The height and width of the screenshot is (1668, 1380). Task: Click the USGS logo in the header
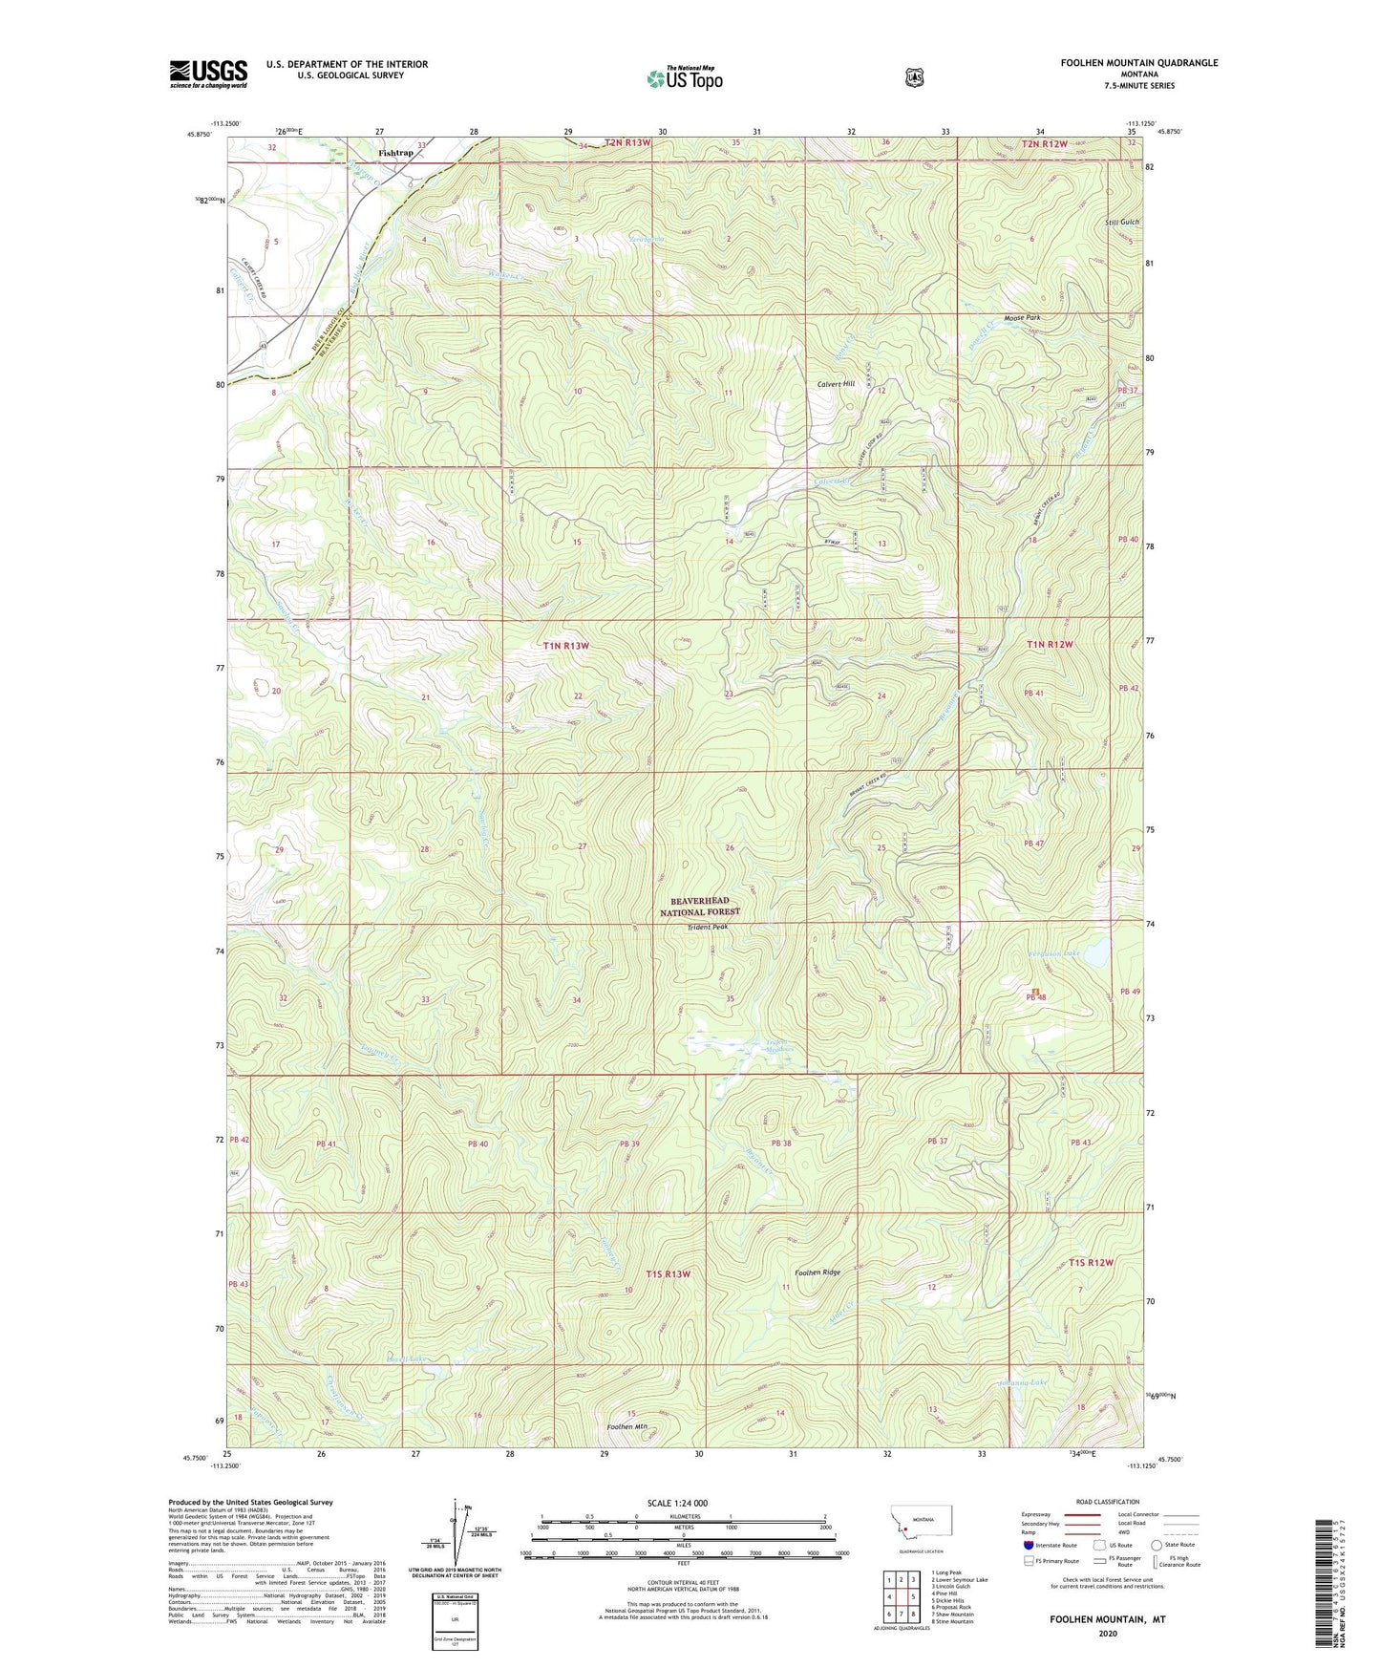[208, 74]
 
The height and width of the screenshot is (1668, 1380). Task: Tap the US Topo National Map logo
[683, 78]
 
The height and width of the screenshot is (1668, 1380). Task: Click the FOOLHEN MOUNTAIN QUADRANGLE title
[1138, 63]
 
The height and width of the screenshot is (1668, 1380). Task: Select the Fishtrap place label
[395, 153]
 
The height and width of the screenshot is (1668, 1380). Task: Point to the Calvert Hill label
[836, 384]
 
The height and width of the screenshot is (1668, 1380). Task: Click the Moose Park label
[1021, 317]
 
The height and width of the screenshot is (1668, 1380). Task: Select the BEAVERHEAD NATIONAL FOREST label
[699, 907]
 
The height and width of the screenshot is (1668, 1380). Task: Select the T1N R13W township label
[565, 646]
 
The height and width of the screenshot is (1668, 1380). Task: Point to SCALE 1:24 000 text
[677, 1503]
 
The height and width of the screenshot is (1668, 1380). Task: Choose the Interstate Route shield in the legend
[1028, 1545]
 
